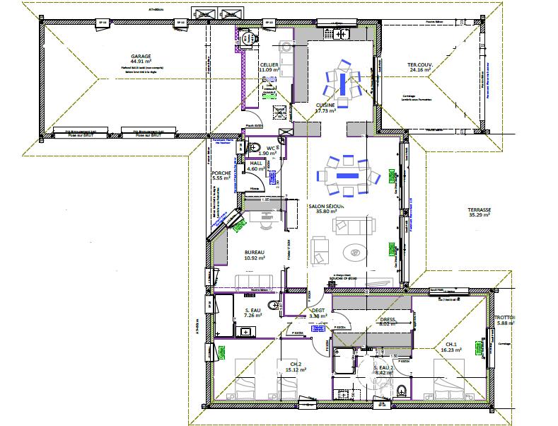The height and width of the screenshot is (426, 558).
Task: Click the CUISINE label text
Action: click(325, 105)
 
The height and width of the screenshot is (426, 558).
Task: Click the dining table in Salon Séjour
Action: click(347, 174)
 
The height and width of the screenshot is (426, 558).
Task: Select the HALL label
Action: click(256, 163)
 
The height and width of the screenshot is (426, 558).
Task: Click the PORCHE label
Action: click(221, 174)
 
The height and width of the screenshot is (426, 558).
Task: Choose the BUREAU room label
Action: click(254, 253)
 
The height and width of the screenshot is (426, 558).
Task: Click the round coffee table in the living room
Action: click(354, 251)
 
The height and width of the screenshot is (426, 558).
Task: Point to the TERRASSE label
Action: click(480, 209)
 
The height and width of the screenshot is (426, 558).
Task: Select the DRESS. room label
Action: click(388, 319)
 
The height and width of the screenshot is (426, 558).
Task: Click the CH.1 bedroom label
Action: click(450, 343)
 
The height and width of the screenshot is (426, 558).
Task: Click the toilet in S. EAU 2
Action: click(402, 388)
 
